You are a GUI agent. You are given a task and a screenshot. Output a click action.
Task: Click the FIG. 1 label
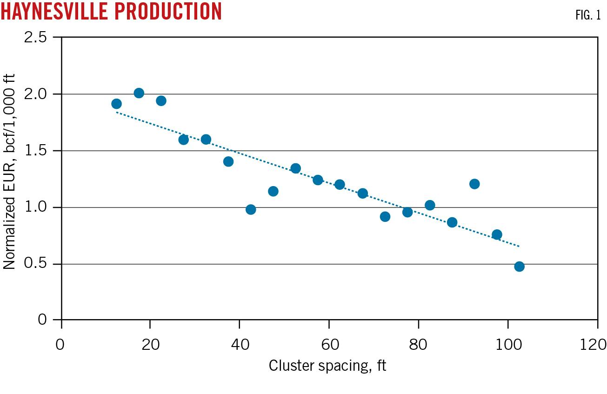[x=588, y=15]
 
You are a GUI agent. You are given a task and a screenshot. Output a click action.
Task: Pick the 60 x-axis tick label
[x=329, y=345]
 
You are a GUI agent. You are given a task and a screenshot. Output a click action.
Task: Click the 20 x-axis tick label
[x=150, y=345]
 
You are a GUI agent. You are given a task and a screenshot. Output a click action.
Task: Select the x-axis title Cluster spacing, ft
[x=327, y=366]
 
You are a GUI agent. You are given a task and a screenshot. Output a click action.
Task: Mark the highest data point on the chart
[x=139, y=93]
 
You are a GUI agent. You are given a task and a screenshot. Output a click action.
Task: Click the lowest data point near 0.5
[x=519, y=267]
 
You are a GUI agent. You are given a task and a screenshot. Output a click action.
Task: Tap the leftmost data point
[x=116, y=104]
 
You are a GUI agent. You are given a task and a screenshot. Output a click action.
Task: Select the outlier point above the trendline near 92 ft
[x=474, y=184]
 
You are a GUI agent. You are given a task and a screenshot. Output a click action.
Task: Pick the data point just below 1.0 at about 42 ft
[x=251, y=209]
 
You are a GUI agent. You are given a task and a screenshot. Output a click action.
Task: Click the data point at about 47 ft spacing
[x=273, y=191]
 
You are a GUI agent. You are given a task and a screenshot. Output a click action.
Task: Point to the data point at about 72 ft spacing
[x=385, y=216]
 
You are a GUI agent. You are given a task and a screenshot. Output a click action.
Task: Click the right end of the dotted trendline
[x=519, y=246]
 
